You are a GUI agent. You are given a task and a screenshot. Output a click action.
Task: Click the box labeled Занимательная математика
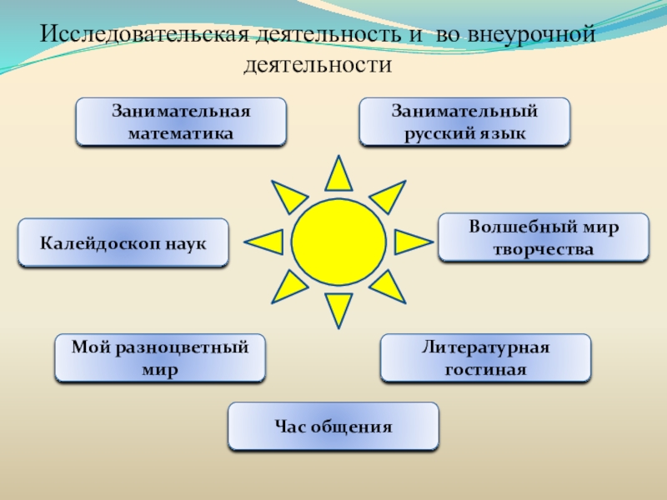pyautogui.click(x=181, y=122)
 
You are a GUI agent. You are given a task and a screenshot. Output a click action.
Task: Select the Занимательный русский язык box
pyautogui.click(x=464, y=122)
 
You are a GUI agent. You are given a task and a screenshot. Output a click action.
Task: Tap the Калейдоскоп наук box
pyautogui.click(x=123, y=242)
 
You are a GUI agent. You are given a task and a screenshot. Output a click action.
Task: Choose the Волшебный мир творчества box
pyautogui.click(x=543, y=237)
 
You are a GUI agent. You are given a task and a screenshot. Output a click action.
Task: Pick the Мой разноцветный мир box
pyautogui.click(x=160, y=358)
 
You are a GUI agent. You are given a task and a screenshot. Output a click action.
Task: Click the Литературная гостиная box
pyautogui.click(x=485, y=358)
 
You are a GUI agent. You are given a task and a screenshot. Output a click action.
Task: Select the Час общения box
pyautogui.click(x=333, y=427)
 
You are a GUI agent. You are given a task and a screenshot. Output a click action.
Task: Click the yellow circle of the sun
pyautogui.click(x=338, y=242)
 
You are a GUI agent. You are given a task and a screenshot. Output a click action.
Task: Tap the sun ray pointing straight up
pyautogui.click(x=338, y=176)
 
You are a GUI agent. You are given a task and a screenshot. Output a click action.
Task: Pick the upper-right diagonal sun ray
pyautogui.click(x=386, y=196)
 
